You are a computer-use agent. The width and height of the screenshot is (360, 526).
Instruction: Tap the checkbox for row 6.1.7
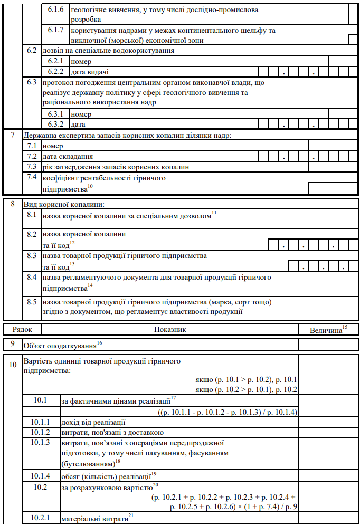click(x=352, y=40)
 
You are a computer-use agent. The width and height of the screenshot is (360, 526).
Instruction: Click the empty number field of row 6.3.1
click(x=343, y=113)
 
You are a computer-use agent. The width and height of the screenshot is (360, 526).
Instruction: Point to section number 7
click(x=13, y=135)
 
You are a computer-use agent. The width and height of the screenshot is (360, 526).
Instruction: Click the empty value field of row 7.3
click(x=333, y=167)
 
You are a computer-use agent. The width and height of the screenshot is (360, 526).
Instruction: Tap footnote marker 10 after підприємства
click(x=90, y=186)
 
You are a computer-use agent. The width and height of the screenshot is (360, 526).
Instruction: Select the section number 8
click(x=13, y=204)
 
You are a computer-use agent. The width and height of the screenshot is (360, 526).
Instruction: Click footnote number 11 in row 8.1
click(x=214, y=212)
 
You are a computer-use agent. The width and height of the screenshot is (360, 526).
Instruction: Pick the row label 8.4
click(x=32, y=276)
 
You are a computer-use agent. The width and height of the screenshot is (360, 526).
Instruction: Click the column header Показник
click(x=170, y=329)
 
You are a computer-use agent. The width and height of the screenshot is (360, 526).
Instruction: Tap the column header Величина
click(x=327, y=330)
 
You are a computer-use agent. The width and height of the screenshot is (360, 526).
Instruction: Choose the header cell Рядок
click(x=22, y=329)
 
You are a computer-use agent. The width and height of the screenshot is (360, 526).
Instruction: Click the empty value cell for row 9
click(x=328, y=345)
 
